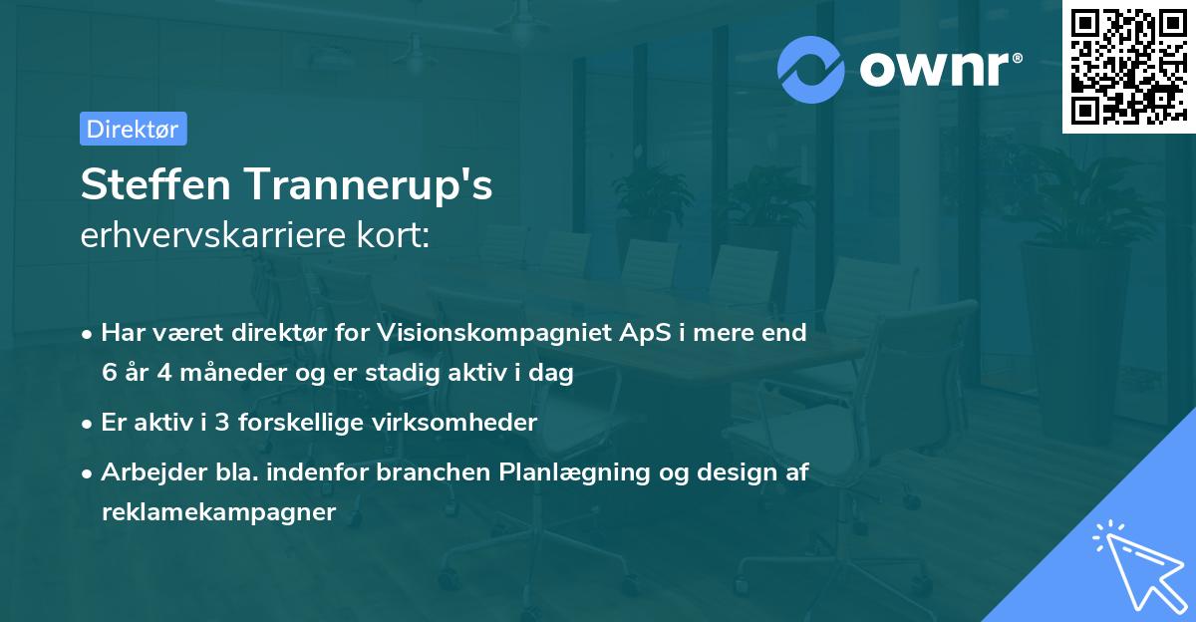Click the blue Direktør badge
click(134, 129)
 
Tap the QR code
click(1128, 67)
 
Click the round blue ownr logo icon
click(810, 70)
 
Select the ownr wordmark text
click(941, 70)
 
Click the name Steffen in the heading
click(155, 183)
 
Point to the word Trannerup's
click(369, 185)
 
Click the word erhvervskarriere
click(213, 234)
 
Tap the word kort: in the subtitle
click(393, 234)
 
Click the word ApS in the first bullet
click(645, 333)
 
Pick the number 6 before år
click(109, 372)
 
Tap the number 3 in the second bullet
click(222, 423)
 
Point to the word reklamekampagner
click(219, 512)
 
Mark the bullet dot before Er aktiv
click(87, 425)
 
